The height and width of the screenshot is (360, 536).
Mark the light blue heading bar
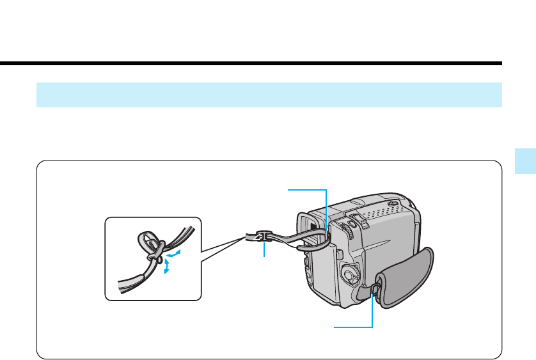click(269, 94)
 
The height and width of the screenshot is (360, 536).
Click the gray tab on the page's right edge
click(525, 162)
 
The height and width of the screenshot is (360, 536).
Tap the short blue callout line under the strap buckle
click(264, 251)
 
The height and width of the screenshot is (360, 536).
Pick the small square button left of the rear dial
click(340, 254)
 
